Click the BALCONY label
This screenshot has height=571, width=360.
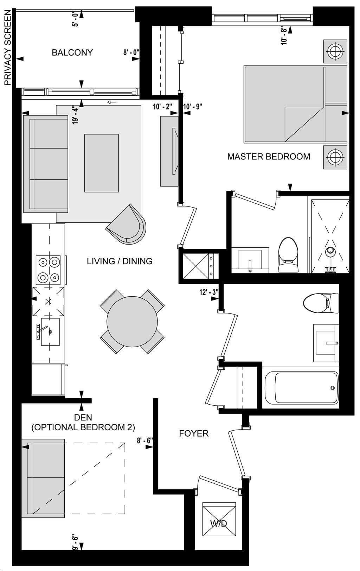coord(72,52)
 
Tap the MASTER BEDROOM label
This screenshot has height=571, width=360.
coord(269,156)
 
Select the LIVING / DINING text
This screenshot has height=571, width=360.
coord(120,261)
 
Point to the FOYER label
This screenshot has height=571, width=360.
coord(194,433)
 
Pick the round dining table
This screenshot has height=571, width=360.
coord(132,322)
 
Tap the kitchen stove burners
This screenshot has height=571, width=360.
coord(48,270)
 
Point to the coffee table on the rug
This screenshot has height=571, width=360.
coord(101,163)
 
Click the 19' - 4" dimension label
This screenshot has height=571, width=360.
coord(75,115)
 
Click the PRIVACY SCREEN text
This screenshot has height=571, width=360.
coord(8,47)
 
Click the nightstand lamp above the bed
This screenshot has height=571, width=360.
coord(335,51)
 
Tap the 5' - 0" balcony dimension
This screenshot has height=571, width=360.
coord(76,20)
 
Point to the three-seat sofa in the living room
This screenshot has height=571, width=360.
coord(46,164)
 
